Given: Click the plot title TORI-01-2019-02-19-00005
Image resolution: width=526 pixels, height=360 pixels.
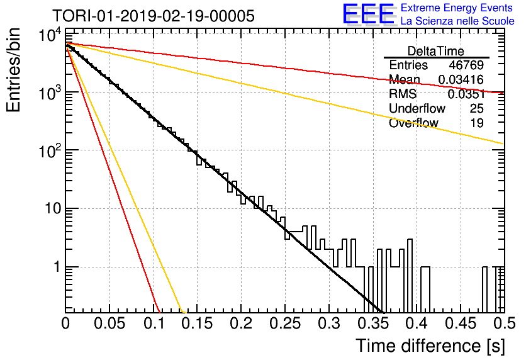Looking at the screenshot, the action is [x=154, y=16].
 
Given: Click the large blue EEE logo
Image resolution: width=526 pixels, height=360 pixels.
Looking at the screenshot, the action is [x=369, y=14].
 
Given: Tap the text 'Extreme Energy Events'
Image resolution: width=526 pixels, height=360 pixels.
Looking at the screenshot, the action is [x=457, y=8].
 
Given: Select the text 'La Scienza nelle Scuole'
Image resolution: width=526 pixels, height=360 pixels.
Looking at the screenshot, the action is [x=457, y=21].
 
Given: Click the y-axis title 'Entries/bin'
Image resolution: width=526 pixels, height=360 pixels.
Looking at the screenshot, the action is [x=13, y=70].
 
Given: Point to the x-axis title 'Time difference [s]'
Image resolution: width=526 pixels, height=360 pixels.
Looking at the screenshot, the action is [x=430, y=346].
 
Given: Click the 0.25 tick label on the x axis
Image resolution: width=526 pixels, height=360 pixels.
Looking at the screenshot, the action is [x=285, y=323].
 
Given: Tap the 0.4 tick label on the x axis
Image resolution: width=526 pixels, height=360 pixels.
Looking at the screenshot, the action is [x=417, y=323].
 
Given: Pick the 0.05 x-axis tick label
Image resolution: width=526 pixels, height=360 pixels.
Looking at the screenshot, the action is [x=109, y=323].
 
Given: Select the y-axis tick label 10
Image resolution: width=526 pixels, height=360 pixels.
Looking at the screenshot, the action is [x=53, y=209].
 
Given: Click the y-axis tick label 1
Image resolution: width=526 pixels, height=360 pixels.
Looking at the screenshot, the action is [x=57, y=267].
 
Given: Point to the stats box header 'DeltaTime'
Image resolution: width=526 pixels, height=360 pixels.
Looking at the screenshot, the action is [x=436, y=51].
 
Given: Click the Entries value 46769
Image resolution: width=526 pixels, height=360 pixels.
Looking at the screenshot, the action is [x=466, y=65].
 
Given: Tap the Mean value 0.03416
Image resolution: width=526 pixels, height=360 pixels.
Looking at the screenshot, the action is [x=461, y=79].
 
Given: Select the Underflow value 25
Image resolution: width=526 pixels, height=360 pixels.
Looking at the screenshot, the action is [x=477, y=108].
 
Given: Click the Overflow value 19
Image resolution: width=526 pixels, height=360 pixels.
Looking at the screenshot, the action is [x=477, y=123].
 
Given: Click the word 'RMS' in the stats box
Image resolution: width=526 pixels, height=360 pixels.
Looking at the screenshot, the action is [x=403, y=94].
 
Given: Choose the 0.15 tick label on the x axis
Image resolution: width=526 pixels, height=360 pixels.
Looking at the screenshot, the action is [x=197, y=323].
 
